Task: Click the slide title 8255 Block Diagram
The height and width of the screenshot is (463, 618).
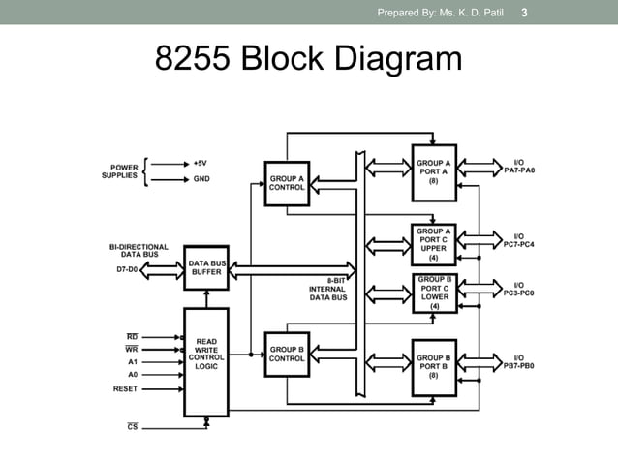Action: tap(309, 61)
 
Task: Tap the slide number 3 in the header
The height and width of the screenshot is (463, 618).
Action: tap(524, 13)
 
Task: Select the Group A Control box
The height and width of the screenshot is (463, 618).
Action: tap(287, 182)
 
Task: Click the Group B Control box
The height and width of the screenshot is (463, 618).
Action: tap(287, 354)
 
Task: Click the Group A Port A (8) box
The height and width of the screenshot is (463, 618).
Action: tap(433, 171)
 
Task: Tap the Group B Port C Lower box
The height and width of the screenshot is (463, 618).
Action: tap(433, 293)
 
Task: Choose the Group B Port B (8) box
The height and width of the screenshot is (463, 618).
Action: tap(433, 365)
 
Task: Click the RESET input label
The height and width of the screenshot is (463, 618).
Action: tap(125, 388)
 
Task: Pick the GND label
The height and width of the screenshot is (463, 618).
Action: tap(201, 178)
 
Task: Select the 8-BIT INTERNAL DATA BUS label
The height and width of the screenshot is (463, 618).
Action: tap(326, 289)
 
